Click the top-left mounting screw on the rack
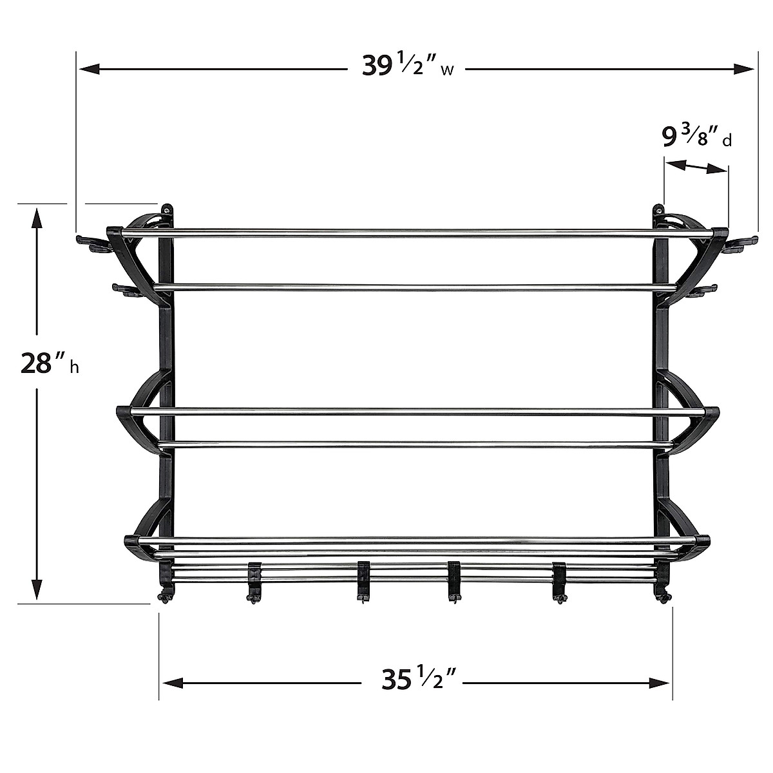[x=166, y=209]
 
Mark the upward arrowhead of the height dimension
[x=37, y=216]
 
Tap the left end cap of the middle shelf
[x=123, y=412]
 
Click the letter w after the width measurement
[x=447, y=70]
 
